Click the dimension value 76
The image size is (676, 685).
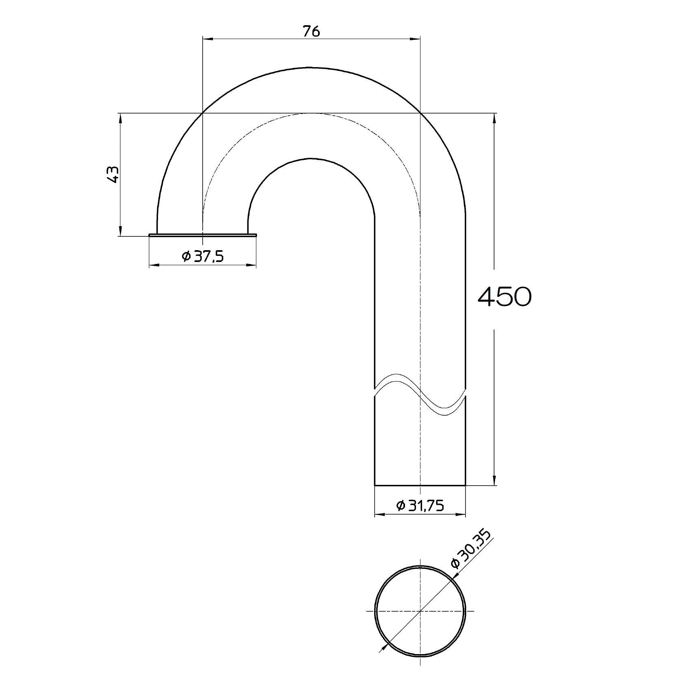[x=311, y=31]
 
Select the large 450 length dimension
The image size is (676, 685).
[x=504, y=296]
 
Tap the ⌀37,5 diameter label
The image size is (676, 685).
[x=203, y=256]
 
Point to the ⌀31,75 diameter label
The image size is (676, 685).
[x=420, y=506]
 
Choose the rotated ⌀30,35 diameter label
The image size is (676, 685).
[x=471, y=549]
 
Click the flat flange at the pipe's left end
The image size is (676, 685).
[x=203, y=235]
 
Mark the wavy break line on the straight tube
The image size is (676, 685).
[x=420, y=394]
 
